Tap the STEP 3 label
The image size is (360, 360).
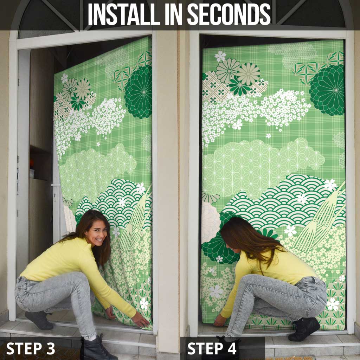(31, 348)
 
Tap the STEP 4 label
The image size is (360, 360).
(212, 348)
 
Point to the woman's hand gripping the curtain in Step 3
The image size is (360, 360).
(140, 320)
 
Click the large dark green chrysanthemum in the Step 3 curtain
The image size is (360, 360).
(139, 92)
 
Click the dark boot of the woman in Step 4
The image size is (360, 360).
(304, 329)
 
